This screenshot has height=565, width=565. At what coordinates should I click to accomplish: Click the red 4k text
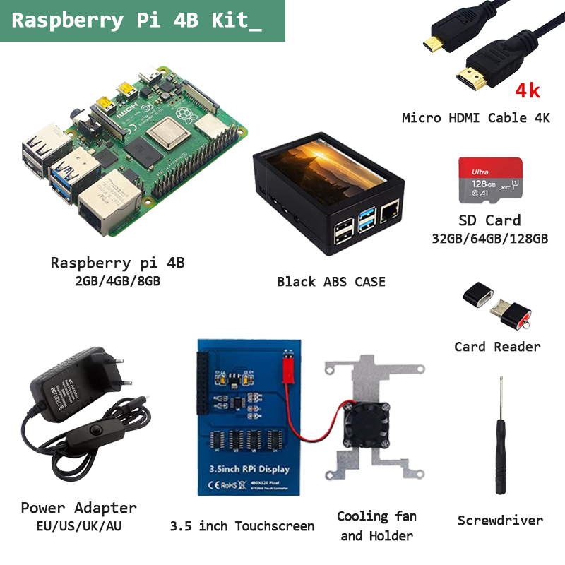click(x=528, y=90)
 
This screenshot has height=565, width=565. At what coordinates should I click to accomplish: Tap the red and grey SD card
click(x=490, y=181)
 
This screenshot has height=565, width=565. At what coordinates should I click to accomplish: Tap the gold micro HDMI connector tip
click(x=428, y=47)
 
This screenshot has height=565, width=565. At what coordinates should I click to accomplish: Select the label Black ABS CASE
click(x=331, y=282)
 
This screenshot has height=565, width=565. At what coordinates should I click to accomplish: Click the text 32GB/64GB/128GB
click(x=489, y=239)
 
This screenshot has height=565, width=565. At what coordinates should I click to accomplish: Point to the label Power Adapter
click(x=78, y=508)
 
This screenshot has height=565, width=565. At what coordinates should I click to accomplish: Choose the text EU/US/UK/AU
click(x=78, y=526)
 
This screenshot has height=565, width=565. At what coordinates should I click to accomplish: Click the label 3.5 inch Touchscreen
click(x=242, y=526)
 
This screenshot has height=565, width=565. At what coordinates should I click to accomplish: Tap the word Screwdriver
click(x=500, y=521)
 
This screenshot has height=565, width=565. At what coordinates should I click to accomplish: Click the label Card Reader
click(x=497, y=347)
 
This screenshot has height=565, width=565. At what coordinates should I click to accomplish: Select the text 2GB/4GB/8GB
click(x=117, y=281)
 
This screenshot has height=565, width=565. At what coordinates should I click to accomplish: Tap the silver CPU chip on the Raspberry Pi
click(x=167, y=133)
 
